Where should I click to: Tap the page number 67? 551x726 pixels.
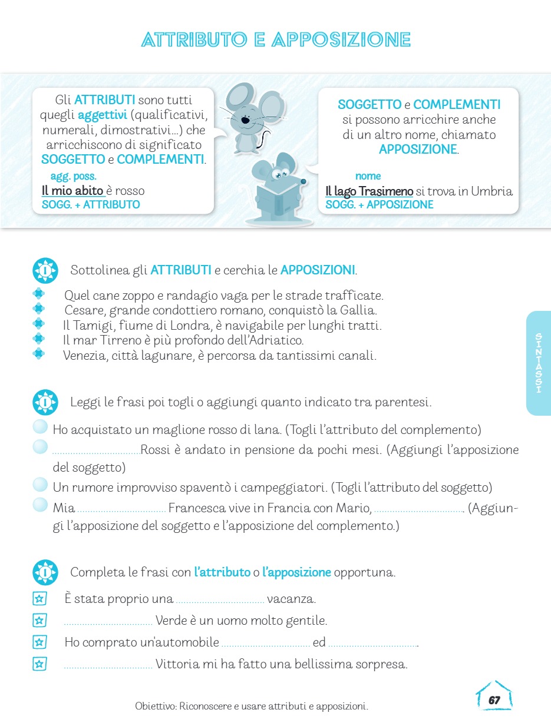click(494, 700)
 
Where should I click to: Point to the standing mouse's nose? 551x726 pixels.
click(245, 120)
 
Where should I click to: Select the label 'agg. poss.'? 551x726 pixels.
click(73, 176)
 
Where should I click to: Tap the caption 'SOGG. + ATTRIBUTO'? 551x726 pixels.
click(91, 205)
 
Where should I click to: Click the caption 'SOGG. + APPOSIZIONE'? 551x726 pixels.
click(379, 205)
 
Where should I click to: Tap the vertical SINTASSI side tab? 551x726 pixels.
click(539, 363)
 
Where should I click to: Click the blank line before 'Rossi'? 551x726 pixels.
click(96, 452)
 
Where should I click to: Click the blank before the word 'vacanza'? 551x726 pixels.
click(220, 601)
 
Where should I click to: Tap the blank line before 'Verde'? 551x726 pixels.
click(108, 622)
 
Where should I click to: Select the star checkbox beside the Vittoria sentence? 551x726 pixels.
click(39, 664)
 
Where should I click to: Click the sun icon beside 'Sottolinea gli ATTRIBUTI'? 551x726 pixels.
click(45, 271)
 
